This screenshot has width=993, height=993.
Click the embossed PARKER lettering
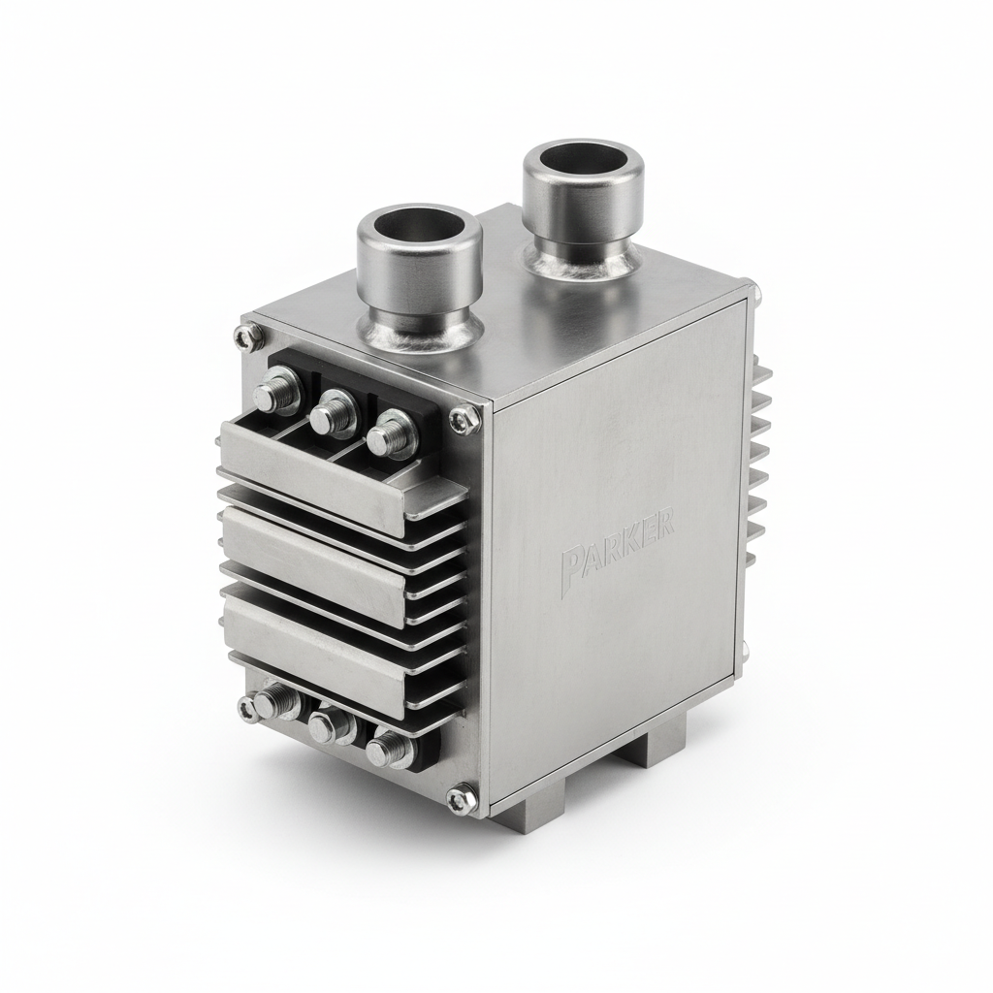click(x=618, y=554)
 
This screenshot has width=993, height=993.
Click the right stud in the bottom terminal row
click(x=388, y=748)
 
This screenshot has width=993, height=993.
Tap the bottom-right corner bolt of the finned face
click(x=460, y=799)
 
